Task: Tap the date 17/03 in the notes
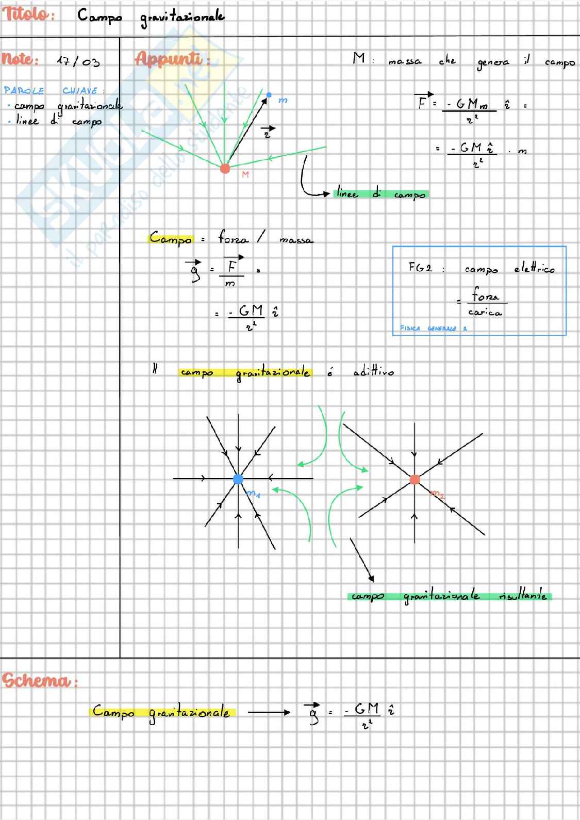tap(78, 61)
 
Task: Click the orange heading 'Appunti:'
tap(171, 59)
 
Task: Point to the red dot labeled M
tap(225, 168)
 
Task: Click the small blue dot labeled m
tap(269, 95)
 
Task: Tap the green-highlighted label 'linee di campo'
tap(381, 194)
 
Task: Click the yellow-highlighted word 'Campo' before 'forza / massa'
tap(171, 238)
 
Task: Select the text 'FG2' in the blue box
tap(420, 267)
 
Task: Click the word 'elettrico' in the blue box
tap(534, 269)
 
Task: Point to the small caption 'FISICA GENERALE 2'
tap(433, 328)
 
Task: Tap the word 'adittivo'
tap(373, 371)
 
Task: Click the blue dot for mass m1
tap(238, 479)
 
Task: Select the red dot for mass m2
tap(415, 480)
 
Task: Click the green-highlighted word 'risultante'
tap(523, 596)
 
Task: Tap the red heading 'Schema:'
tap(39, 681)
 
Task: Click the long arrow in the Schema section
tap(269, 713)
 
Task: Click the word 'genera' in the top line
tap(493, 62)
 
